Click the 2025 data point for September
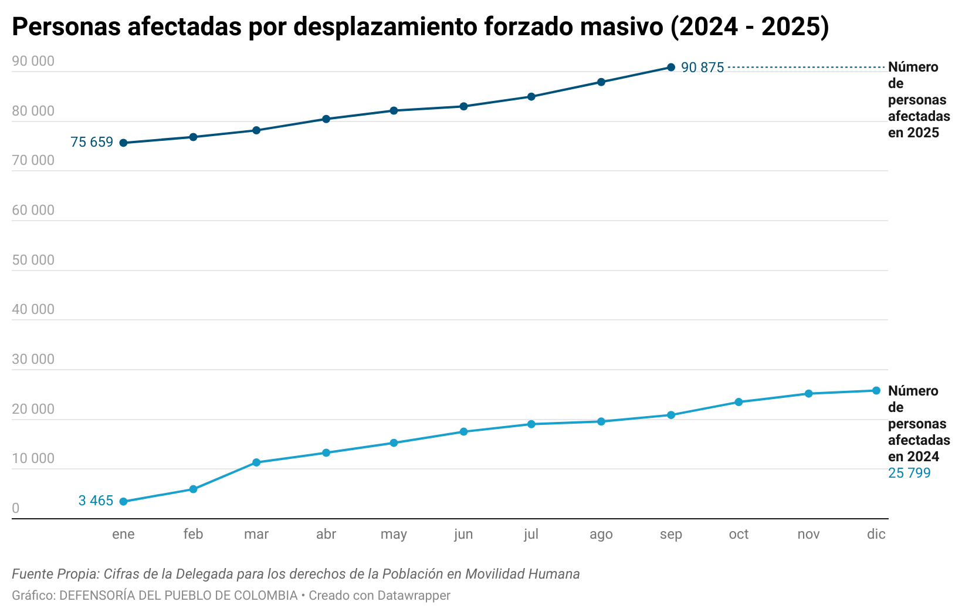click(x=671, y=67)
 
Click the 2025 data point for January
click(x=123, y=143)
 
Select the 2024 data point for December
click(x=876, y=391)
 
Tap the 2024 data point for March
click(x=256, y=462)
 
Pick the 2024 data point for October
click(x=739, y=402)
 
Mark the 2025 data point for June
click(x=463, y=106)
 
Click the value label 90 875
click(x=702, y=68)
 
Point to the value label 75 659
click(x=92, y=143)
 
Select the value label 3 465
click(x=96, y=501)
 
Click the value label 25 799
click(x=909, y=473)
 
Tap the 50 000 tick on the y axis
click(x=33, y=260)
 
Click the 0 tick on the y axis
click(x=16, y=509)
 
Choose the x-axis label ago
click(x=601, y=535)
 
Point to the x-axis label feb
click(x=193, y=534)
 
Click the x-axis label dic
click(x=876, y=534)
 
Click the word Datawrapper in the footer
click(x=414, y=596)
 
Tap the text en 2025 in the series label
click(x=913, y=133)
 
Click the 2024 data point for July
click(x=531, y=424)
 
